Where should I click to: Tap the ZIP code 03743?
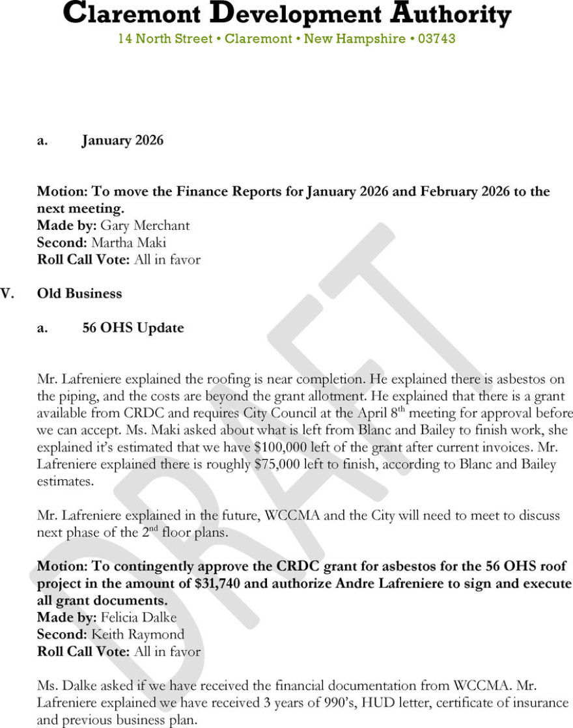click(436, 39)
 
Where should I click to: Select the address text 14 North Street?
click(165, 39)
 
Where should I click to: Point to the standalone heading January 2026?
click(122, 140)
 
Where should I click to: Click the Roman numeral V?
click(7, 294)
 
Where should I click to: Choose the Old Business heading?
click(79, 294)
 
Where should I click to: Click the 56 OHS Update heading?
click(133, 328)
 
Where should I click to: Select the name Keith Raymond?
click(137, 634)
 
